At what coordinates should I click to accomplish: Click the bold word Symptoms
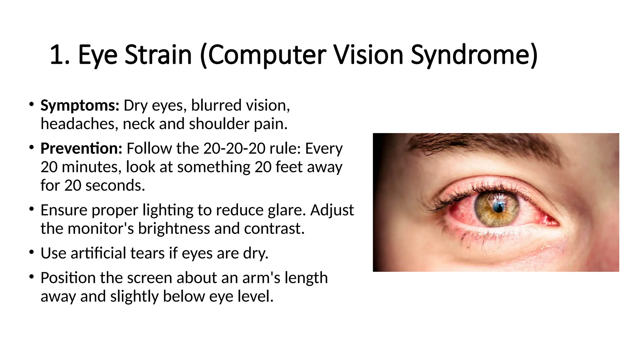80,105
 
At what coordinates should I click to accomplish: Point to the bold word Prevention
81,148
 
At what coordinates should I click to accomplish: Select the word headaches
79,124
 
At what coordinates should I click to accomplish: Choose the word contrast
274,228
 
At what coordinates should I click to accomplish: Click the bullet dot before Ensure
31,209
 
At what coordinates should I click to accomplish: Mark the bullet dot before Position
31,276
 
